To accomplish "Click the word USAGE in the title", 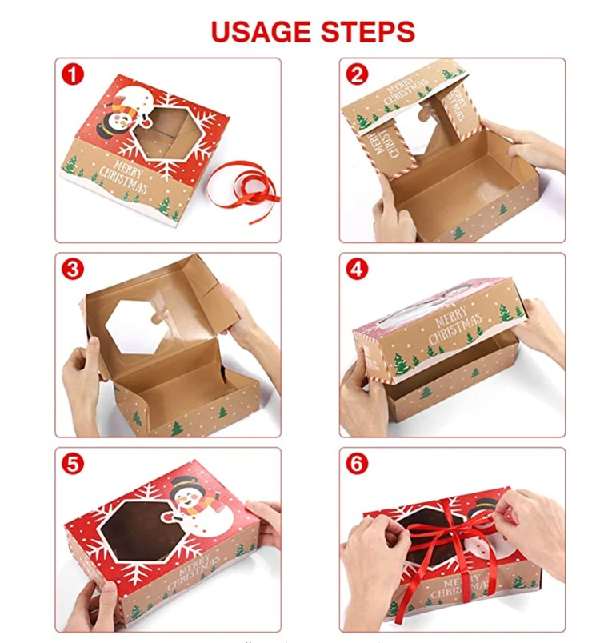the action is pos(260,31).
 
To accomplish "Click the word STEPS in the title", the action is pos(367,31).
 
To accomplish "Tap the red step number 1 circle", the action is pos(73,75).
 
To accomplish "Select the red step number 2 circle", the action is pos(357,75).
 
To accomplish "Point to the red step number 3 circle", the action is pos(73,270).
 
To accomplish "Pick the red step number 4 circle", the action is pos(357,270).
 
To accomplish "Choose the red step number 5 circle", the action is pos(73,464).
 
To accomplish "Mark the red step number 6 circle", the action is pos(357,464).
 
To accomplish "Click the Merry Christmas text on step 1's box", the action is pos(123,177).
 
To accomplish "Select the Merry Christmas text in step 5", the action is pos(193,572).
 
